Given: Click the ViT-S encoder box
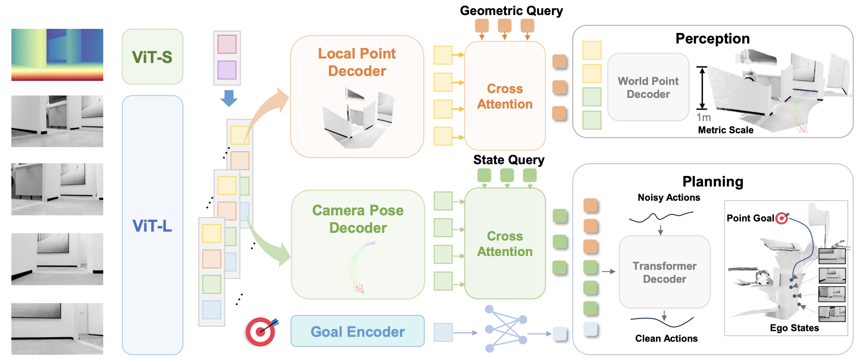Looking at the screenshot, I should click(152, 57).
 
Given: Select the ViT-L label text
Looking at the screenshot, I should click(152, 226).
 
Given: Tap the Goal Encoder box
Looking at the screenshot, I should click(357, 332).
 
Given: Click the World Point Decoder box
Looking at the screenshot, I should click(648, 87).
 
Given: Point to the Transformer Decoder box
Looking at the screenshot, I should click(664, 272).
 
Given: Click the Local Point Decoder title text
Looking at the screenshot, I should click(357, 62).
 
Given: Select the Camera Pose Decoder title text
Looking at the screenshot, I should click(358, 219).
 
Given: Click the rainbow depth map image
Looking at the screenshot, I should click(57, 55).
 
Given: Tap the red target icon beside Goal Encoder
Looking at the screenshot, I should click(261, 332).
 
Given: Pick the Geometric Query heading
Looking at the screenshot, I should click(511, 11).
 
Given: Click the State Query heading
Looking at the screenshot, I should click(508, 160).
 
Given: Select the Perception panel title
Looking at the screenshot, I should click(712, 39).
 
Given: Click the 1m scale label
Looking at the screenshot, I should click(704, 117).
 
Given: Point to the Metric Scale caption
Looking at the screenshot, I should click(725, 130).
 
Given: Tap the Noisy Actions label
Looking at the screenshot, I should click(669, 197).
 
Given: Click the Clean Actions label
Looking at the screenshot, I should click(666, 338).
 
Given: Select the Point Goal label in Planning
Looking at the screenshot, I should click(750, 218).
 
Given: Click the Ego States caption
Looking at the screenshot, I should click(794, 328).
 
